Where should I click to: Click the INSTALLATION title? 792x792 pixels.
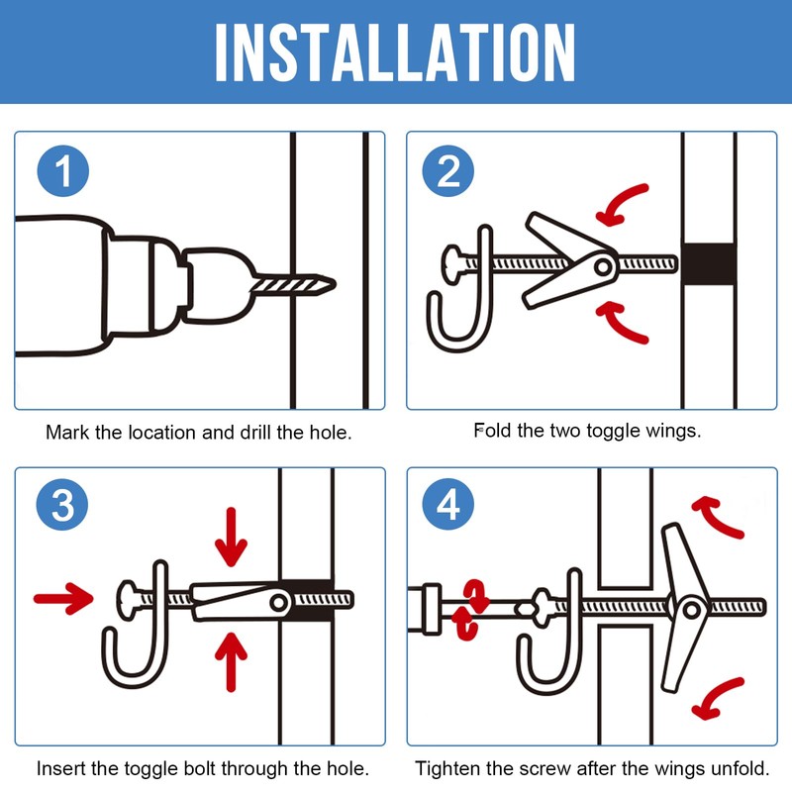[x=395, y=52]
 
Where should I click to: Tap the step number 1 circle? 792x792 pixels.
[x=63, y=170]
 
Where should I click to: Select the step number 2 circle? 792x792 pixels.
[x=448, y=170]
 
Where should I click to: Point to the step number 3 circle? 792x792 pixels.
[x=62, y=504]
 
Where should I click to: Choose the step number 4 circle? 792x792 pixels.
[x=448, y=504]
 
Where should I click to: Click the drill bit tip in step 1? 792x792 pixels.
[x=335, y=284]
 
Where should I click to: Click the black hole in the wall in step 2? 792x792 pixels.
[x=708, y=263]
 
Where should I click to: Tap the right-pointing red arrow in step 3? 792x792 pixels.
[x=63, y=599]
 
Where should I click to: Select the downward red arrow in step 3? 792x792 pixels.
[x=232, y=538]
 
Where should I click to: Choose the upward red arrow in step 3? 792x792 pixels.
[x=232, y=661]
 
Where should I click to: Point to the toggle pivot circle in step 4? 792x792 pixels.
[x=692, y=610]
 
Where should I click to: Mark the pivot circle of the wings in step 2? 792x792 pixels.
[x=603, y=266]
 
